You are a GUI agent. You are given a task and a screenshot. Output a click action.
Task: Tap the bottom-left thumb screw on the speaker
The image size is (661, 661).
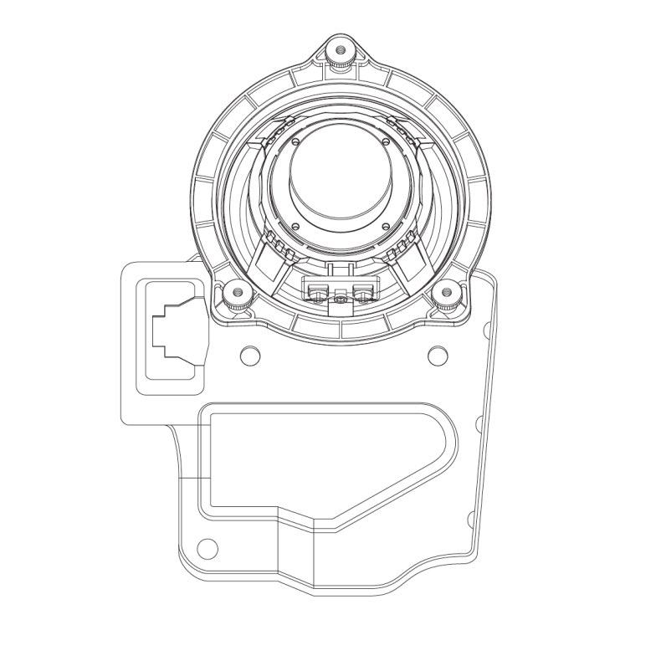point(237,295)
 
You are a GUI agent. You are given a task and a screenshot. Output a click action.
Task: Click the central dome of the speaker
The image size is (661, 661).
point(339,176)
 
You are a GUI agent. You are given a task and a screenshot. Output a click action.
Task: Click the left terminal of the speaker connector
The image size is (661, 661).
point(318,292)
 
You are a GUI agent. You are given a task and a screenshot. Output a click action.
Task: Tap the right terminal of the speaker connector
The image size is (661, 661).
point(361,292)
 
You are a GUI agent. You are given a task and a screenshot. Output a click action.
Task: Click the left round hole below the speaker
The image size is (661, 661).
point(250,355)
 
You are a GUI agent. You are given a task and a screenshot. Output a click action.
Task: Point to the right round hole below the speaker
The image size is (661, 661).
point(438,355)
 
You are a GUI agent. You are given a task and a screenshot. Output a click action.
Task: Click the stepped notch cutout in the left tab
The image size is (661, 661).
point(172,330)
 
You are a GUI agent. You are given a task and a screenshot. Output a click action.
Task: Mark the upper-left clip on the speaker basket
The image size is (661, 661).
point(276,130)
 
